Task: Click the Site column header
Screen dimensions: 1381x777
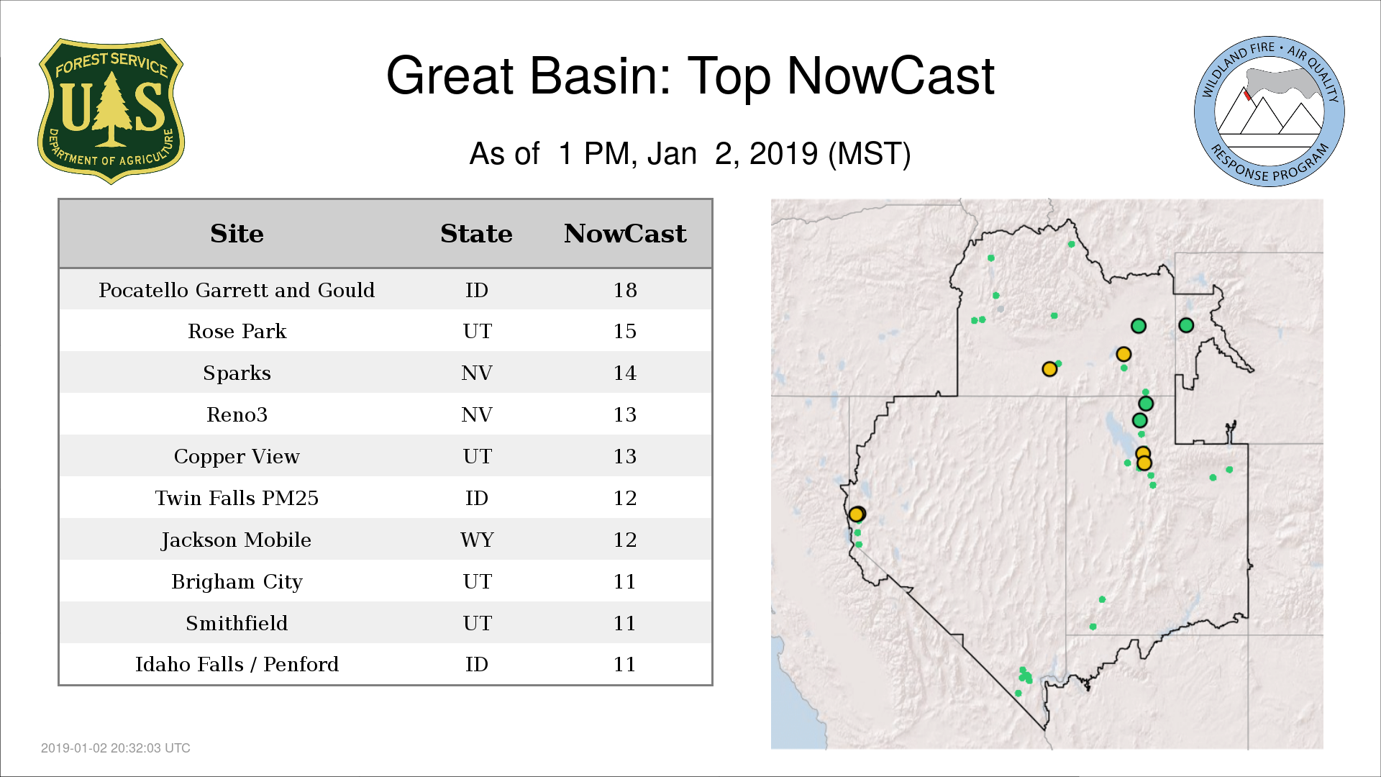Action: (x=237, y=234)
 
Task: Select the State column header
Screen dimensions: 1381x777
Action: (x=476, y=234)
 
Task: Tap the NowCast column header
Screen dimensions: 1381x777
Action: (x=625, y=234)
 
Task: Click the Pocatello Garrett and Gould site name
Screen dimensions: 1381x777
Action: (x=237, y=290)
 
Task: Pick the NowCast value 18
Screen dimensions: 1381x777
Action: (x=625, y=290)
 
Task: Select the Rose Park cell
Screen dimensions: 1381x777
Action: (x=237, y=332)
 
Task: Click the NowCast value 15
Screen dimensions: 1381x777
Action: (x=625, y=332)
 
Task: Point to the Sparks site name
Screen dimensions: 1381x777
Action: (x=237, y=373)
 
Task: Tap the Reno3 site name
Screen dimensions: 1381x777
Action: (x=237, y=415)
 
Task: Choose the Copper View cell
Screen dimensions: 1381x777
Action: (x=237, y=457)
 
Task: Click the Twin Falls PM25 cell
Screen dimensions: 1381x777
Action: (x=237, y=498)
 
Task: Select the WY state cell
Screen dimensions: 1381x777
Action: (x=477, y=540)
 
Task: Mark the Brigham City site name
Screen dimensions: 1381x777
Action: (x=237, y=581)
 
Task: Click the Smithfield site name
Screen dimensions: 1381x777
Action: (x=237, y=623)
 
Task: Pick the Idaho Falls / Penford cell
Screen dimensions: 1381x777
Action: (x=237, y=664)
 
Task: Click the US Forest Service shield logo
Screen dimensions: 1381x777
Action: (x=111, y=111)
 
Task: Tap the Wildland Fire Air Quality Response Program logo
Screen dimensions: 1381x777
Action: (x=1269, y=112)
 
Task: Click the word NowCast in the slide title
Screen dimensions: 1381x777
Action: (x=890, y=76)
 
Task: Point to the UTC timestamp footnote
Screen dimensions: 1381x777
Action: (x=116, y=748)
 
